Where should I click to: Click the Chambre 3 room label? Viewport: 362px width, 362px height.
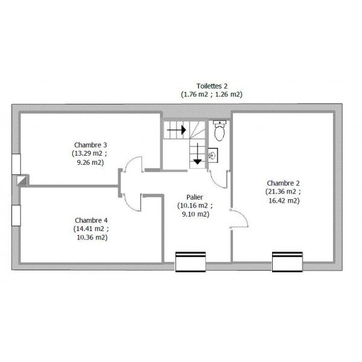coord(91,145)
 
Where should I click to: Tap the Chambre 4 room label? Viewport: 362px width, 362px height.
coord(91,220)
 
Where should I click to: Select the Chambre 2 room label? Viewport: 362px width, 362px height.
coord(283,183)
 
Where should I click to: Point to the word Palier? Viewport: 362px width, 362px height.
coord(195,197)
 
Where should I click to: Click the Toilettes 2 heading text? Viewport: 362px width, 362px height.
coord(212,86)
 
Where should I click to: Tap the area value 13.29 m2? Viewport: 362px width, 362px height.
coord(87,153)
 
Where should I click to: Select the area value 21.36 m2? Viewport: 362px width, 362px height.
coord(281,192)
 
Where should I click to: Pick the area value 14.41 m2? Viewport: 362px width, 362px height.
coord(89,229)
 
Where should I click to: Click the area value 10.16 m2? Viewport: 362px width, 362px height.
coord(193,206)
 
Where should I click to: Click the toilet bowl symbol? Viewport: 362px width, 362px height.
coord(220,131)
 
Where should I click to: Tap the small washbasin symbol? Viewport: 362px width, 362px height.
coord(212,156)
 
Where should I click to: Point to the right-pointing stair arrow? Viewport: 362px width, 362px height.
coord(176,130)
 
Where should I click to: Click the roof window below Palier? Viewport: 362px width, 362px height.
coord(191,262)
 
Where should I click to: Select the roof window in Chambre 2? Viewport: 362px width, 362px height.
coord(287,262)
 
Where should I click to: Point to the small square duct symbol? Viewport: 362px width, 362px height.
coord(22,180)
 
